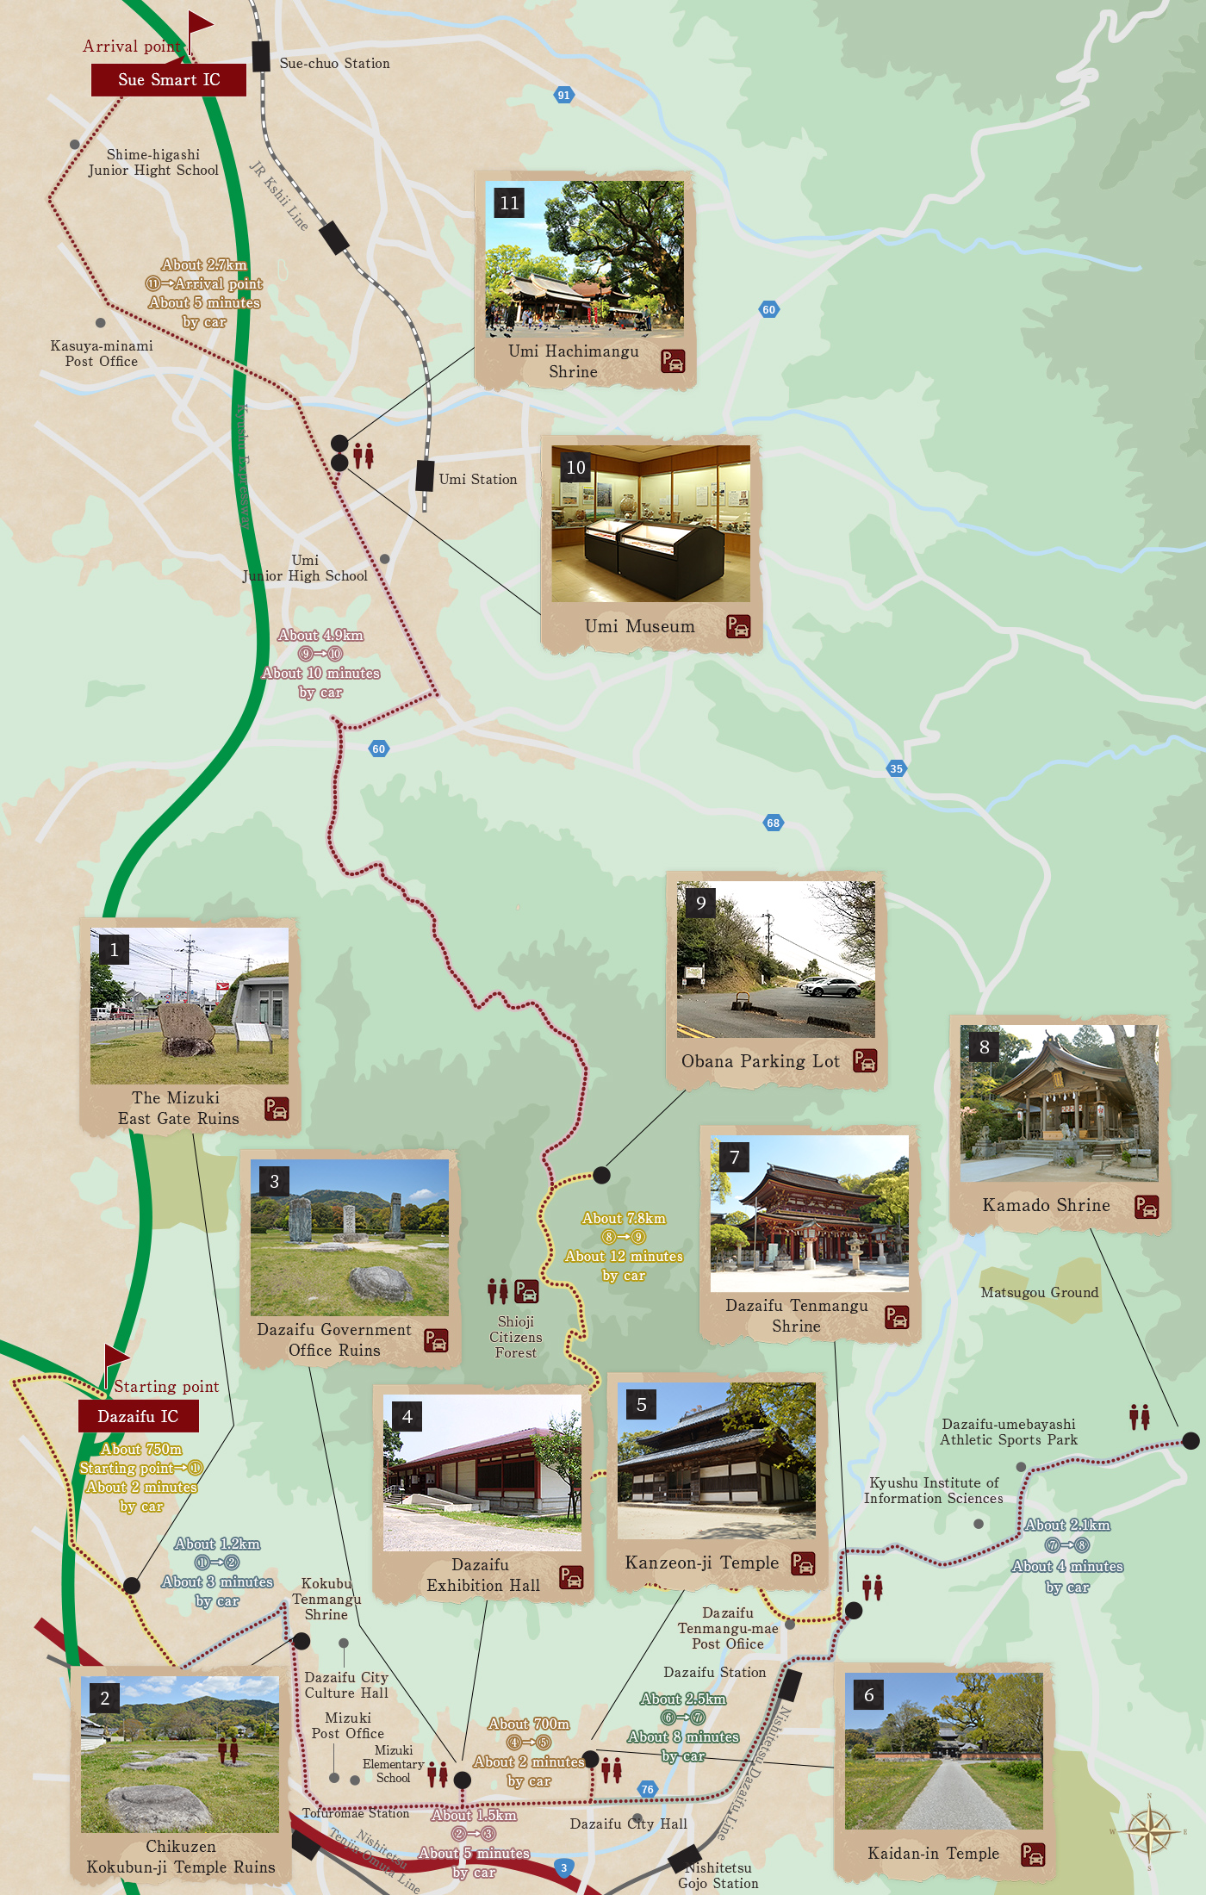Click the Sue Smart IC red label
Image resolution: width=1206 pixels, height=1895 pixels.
tap(169, 80)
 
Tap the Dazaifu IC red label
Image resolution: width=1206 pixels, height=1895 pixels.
tap(138, 1416)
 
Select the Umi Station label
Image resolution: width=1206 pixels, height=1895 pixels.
tap(478, 480)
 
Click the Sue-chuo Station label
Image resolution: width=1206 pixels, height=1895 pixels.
tap(334, 64)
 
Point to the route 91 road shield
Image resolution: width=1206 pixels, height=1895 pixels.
tap(563, 95)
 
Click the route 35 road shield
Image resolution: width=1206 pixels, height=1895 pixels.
tap(897, 768)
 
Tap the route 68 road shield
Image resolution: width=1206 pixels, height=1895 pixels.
tap(774, 823)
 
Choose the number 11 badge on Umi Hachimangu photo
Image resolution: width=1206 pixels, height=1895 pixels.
tap(510, 203)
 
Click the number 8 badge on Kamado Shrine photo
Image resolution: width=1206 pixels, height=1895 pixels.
tap(984, 1047)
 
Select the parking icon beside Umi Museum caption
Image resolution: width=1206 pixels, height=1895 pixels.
tap(738, 626)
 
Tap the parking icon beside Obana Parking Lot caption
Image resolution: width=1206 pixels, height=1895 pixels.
tap(865, 1060)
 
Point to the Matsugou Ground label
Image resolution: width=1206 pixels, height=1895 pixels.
tap(1040, 1292)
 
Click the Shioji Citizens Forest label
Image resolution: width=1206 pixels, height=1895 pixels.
tap(516, 1337)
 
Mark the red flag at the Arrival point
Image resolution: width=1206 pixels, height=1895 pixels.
tap(200, 23)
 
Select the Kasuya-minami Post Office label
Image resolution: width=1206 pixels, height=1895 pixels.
tap(102, 353)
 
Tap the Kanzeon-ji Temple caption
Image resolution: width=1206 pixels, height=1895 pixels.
tap(701, 1563)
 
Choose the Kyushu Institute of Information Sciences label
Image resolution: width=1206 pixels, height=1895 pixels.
tap(934, 1490)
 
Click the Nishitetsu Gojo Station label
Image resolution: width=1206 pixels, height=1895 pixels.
tap(718, 1875)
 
